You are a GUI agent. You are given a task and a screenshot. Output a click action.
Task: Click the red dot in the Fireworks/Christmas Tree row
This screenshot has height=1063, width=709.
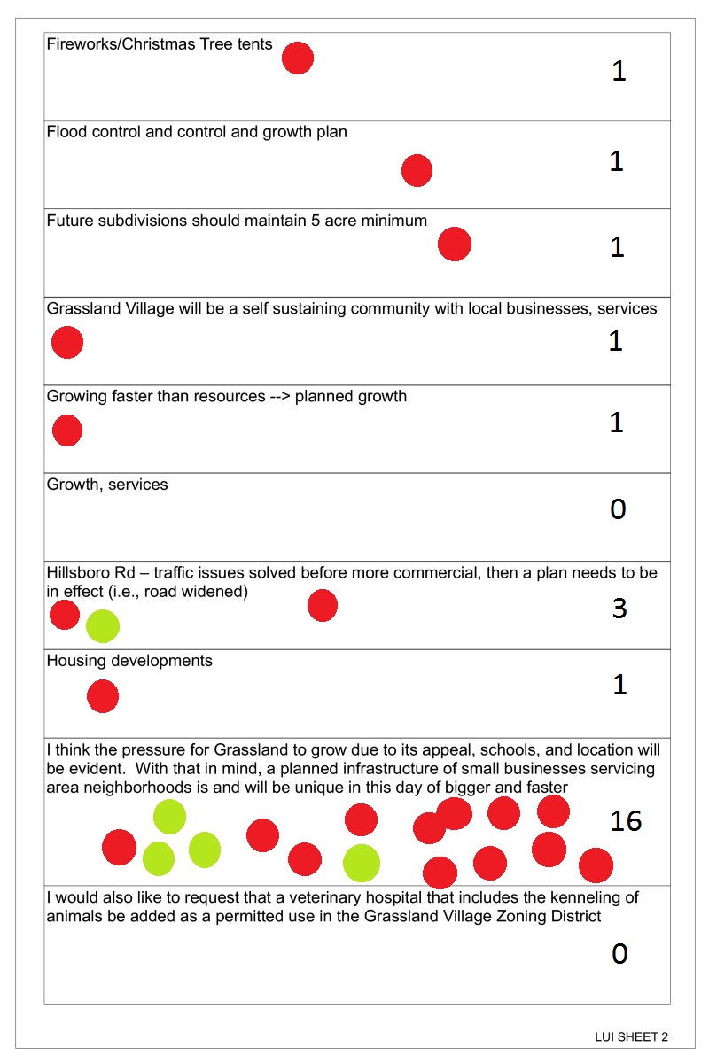(298, 58)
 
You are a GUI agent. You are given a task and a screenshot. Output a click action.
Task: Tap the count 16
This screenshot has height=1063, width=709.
(626, 821)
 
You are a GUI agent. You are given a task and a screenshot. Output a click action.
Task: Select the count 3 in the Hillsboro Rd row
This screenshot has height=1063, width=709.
(619, 609)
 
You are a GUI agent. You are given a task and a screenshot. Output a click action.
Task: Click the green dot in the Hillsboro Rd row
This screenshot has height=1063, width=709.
(103, 626)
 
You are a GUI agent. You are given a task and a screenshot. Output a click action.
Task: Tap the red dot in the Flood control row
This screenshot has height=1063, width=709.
(417, 170)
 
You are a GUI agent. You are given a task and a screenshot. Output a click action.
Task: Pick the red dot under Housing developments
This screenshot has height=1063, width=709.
(103, 697)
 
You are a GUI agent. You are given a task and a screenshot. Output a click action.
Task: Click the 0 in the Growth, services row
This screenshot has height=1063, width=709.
(619, 509)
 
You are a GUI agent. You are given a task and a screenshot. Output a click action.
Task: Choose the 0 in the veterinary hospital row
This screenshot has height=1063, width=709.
(619, 953)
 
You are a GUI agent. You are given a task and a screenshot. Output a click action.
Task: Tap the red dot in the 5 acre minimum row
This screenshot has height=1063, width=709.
(455, 244)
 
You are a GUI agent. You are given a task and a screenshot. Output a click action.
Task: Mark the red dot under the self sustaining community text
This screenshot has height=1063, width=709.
(67, 342)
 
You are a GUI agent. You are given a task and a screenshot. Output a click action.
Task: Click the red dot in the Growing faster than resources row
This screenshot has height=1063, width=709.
(67, 431)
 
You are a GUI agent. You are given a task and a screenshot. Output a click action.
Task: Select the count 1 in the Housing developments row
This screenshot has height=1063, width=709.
(619, 684)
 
